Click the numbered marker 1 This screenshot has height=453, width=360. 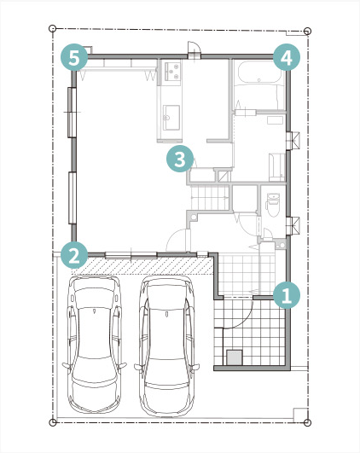(287, 295)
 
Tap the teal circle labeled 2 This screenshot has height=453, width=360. (74, 255)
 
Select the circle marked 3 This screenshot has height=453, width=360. (180, 159)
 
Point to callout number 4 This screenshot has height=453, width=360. (287, 57)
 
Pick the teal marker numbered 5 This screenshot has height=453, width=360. (74, 57)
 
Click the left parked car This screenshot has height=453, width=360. (95, 344)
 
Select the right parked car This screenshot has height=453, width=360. (166, 346)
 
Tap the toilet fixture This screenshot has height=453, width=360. (273, 205)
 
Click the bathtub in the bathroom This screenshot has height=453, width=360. (258, 73)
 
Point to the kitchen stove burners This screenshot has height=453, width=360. (172, 71)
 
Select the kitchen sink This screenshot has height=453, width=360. (171, 118)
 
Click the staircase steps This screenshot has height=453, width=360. (210, 198)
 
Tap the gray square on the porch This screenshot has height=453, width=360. (235, 357)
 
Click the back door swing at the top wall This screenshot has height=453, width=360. (193, 48)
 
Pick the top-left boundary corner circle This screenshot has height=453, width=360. (52, 28)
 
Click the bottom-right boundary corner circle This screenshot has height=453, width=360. (308, 422)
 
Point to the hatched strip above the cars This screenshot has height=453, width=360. (142, 266)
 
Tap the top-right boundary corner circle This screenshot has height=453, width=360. (308, 31)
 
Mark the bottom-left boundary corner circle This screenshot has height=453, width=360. (53, 422)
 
